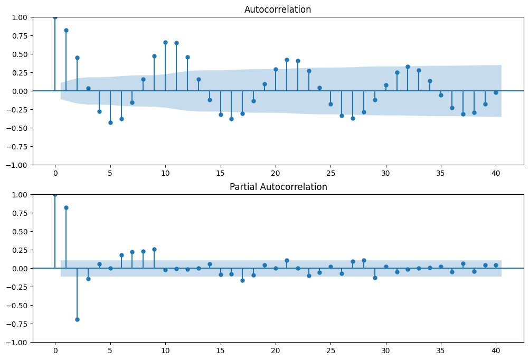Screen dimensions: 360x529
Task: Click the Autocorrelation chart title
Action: pos(278,10)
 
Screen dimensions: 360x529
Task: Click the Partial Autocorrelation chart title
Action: pos(278,187)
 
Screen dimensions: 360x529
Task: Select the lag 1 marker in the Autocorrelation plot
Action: pos(66,30)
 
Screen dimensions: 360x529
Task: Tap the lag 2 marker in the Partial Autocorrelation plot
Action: pos(77,319)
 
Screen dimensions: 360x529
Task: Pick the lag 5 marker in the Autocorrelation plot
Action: pos(110,122)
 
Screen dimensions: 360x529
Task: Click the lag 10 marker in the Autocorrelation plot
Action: pos(165,42)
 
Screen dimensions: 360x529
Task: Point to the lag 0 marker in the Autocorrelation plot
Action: pos(55,17)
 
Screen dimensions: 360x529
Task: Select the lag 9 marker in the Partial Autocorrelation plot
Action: pos(154,249)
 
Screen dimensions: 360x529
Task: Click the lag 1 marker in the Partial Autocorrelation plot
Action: pos(66,207)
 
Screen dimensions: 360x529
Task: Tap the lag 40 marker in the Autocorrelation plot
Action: pos(496,92)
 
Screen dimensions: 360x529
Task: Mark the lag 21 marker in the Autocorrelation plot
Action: pos(287,60)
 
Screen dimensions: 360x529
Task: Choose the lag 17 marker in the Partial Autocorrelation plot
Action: pos(242,280)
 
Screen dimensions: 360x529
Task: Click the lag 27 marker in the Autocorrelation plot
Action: pos(353,118)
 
